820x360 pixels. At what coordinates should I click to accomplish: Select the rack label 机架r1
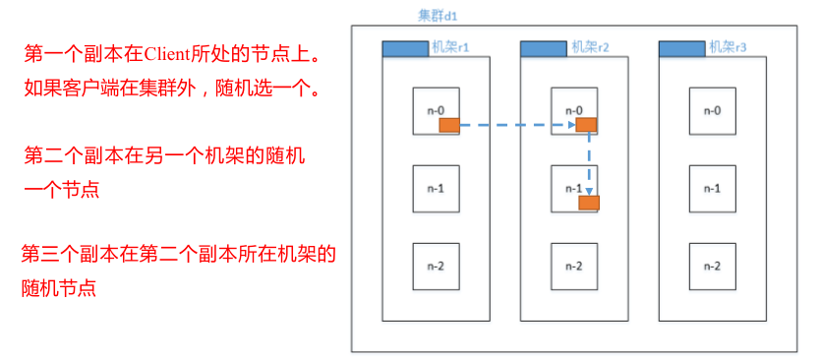pos(452,47)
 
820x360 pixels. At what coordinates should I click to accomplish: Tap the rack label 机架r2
pos(591,47)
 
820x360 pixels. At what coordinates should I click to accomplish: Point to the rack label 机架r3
pos(730,47)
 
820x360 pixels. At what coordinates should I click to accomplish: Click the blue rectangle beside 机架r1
pos(405,48)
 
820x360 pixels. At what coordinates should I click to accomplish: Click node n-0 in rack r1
pos(436,110)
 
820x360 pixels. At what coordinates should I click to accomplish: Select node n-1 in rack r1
pos(436,187)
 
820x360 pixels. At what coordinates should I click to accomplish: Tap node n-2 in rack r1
pos(436,266)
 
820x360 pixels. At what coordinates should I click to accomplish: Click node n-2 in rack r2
pos(574,266)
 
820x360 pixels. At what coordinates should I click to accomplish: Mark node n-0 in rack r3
pos(712,110)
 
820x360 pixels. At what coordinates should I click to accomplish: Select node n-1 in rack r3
pos(712,187)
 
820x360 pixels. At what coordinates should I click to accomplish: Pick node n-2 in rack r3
pos(712,266)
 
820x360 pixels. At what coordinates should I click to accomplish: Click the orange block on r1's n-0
pos(449,126)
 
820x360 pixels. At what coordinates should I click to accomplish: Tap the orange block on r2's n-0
pos(587,125)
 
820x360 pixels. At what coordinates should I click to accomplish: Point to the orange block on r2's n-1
pos(589,203)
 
